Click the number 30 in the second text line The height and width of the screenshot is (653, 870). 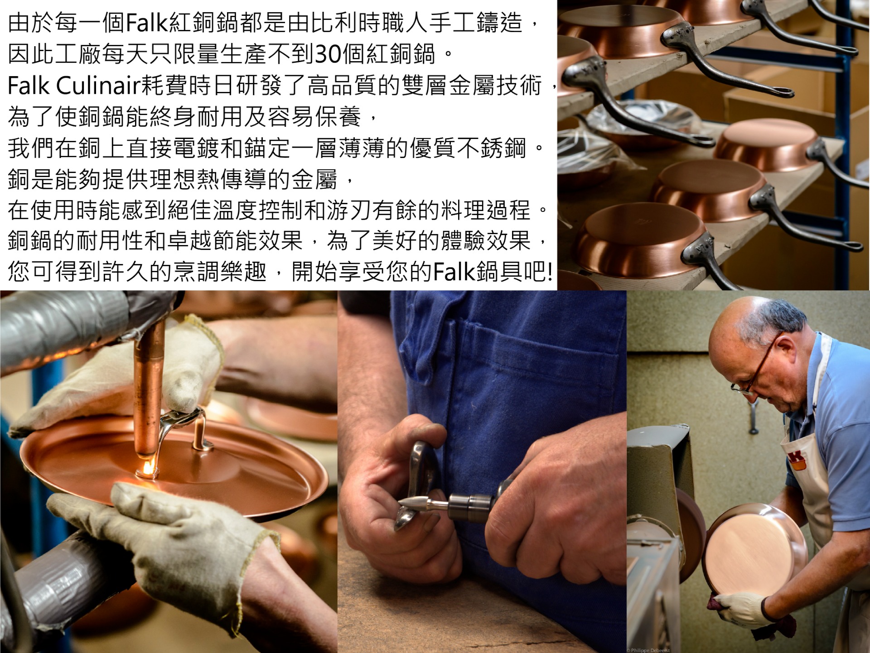coord(328,54)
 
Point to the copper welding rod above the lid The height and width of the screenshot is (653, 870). coord(148,389)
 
